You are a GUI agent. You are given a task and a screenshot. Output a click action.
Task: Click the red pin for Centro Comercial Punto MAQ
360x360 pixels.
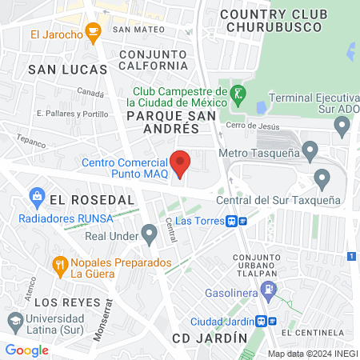click(x=181, y=163)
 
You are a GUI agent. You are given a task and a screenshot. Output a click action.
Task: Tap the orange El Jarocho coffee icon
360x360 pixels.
click(x=93, y=34)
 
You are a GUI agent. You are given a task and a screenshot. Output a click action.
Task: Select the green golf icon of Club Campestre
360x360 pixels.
click(x=237, y=95)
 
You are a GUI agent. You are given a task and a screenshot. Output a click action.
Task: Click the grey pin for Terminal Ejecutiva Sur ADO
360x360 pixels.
click(x=342, y=125)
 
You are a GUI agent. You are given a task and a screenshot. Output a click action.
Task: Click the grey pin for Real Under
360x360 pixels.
click(x=149, y=234)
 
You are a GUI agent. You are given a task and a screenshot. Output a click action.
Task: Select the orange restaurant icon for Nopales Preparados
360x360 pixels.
click(x=59, y=264)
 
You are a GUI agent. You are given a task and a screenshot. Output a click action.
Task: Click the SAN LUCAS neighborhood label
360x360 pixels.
click(x=66, y=70)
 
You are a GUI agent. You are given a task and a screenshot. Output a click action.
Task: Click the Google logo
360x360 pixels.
click(x=27, y=350)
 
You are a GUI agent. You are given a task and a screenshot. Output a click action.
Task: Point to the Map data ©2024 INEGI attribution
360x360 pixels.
click(x=311, y=354)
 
